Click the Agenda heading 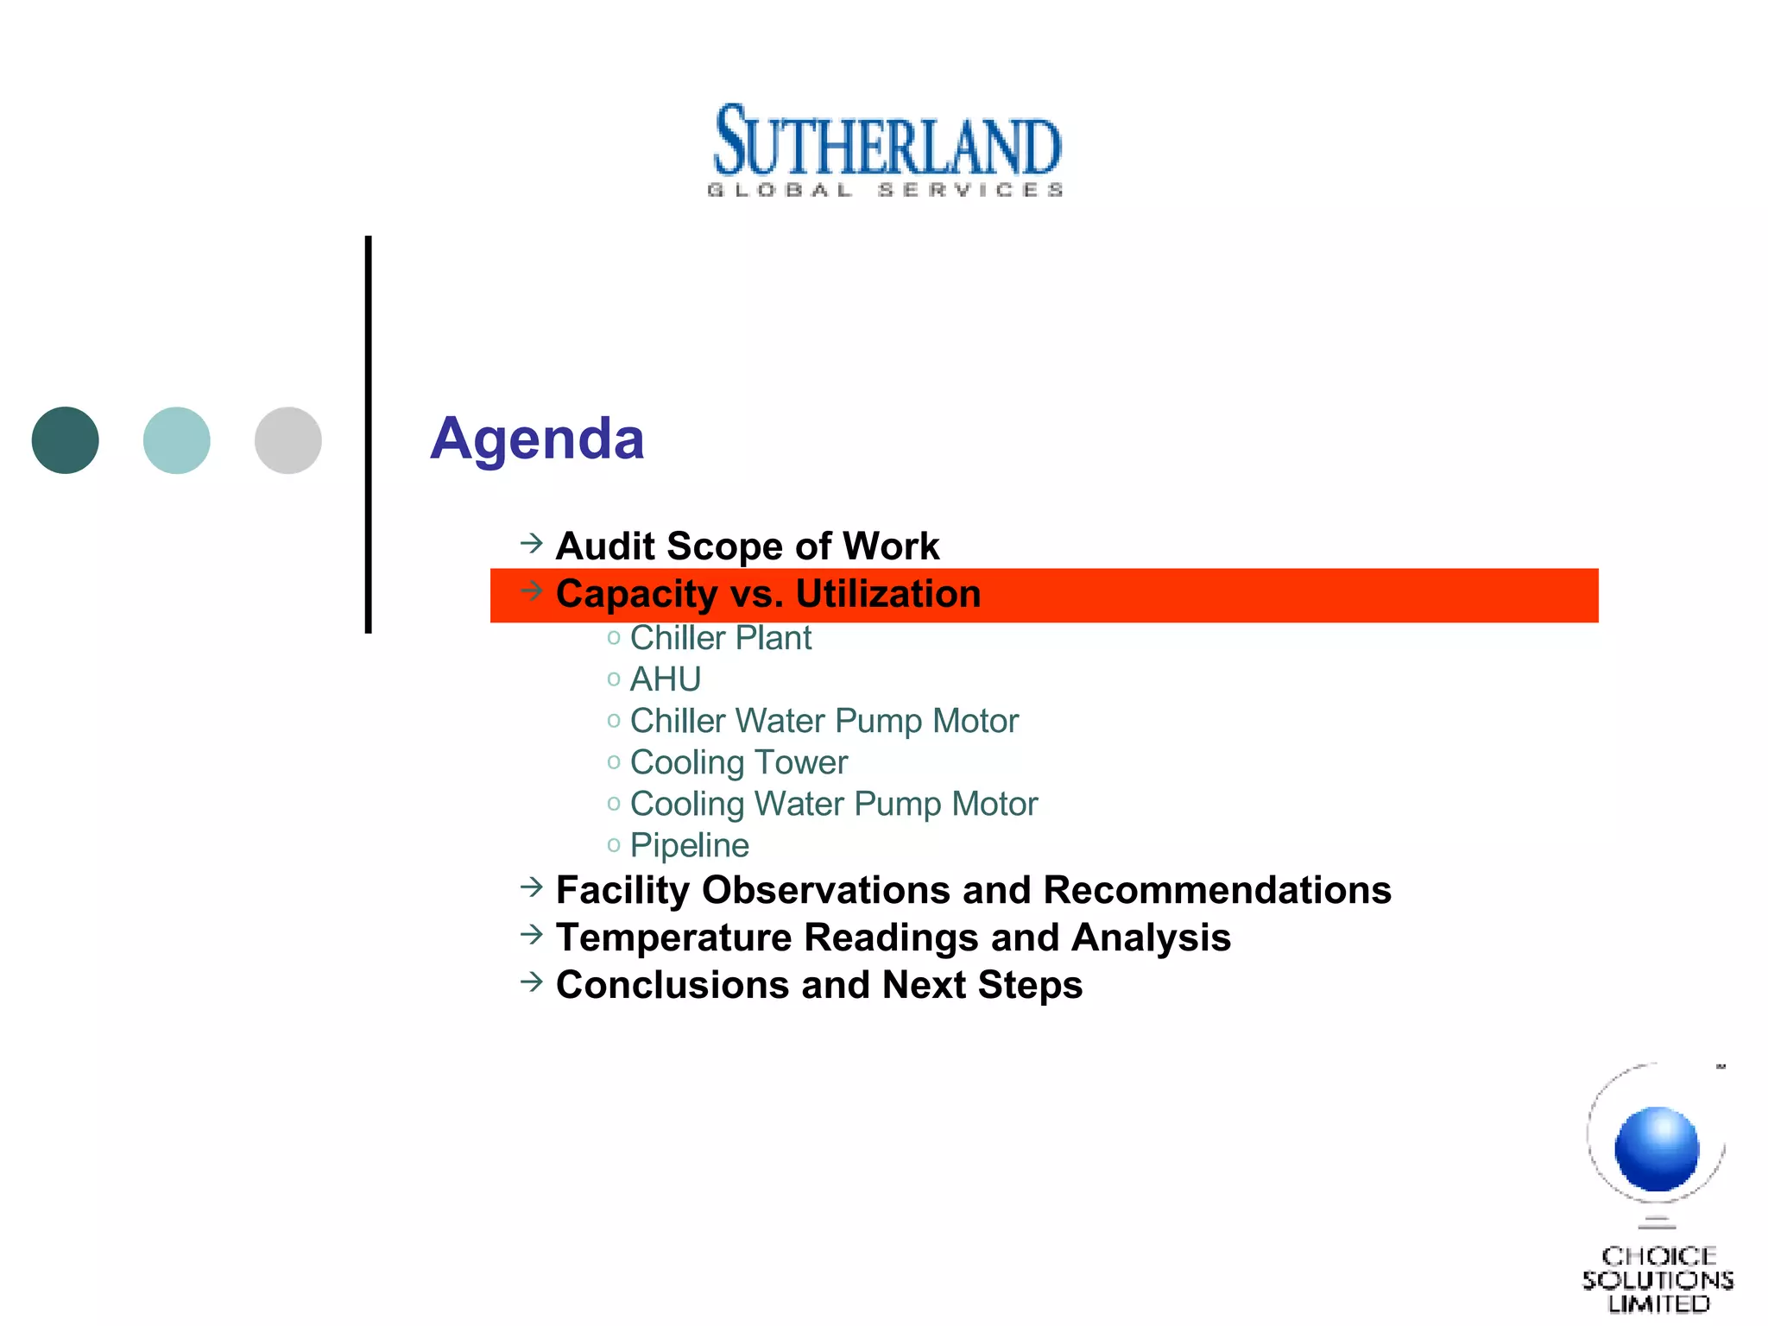tap(537, 439)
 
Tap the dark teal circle tap(66, 440)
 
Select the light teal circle tap(177, 440)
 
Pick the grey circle tap(288, 440)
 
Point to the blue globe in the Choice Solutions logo tap(1657, 1149)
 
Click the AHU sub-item tap(666, 679)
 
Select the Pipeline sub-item tap(690, 845)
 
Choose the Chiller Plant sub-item tap(721, 638)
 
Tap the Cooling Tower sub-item tap(739, 762)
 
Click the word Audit tap(605, 546)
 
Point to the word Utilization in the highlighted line tap(888, 594)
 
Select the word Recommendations tap(1217, 890)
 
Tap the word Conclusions tap(672, 985)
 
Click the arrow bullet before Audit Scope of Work tap(532, 543)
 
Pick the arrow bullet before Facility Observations tap(532, 887)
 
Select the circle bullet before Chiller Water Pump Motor tap(614, 721)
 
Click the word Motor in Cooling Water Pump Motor tap(994, 804)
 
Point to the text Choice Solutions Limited tap(1657, 1279)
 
